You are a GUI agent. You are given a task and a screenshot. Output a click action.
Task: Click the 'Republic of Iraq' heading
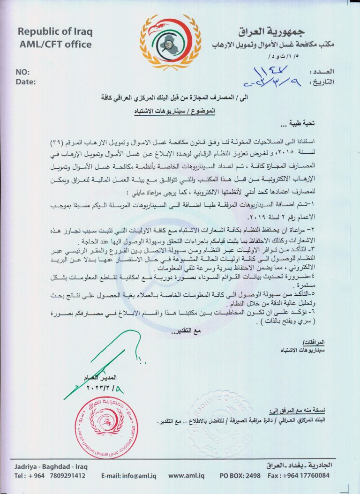[55, 32]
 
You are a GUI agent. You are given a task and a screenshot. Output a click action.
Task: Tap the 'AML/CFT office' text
[55, 45]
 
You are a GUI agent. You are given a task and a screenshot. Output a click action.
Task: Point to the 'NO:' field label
[22, 72]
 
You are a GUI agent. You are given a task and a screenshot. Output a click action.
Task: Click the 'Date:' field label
[25, 82]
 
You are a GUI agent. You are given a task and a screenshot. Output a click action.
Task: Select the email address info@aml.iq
[129, 476]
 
